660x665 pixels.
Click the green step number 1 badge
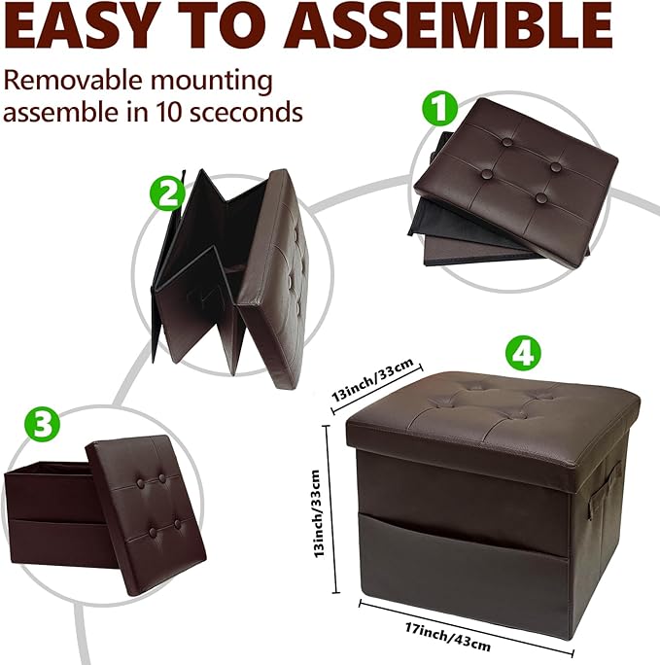(439, 108)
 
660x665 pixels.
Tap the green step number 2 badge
(167, 192)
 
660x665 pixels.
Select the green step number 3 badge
(42, 423)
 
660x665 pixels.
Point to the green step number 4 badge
(523, 353)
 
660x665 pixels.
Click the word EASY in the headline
(79, 26)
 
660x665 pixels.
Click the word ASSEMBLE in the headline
(448, 26)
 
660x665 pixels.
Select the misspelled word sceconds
(246, 112)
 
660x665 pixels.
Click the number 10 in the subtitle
(169, 112)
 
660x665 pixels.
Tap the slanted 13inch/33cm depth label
(371, 381)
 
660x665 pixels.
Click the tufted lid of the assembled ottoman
(493, 422)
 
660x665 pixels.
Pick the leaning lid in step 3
(146, 514)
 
